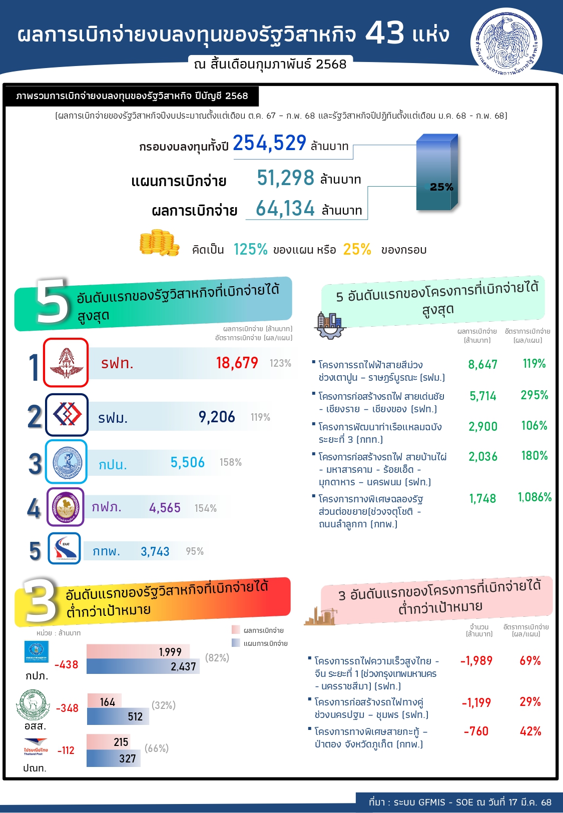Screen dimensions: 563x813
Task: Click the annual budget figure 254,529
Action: [269, 144]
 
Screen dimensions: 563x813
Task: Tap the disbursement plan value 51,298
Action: [285, 178]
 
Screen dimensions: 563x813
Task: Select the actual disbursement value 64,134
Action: [285, 209]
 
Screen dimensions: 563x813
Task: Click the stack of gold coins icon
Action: [159, 244]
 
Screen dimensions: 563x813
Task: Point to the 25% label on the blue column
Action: [441, 187]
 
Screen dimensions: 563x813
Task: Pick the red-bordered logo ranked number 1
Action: [66, 363]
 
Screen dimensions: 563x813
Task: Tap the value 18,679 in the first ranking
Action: [237, 363]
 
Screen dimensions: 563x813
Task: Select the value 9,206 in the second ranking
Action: [217, 417]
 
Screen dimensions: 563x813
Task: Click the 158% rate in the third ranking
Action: [231, 462]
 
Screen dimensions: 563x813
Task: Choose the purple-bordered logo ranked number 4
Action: [66, 507]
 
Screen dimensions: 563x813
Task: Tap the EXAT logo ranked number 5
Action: [65, 548]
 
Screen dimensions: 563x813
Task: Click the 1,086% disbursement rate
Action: [534, 497]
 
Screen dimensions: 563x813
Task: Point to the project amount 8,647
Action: [482, 365]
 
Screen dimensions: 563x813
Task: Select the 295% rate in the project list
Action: [534, 395]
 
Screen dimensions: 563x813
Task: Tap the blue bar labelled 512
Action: [118, 716]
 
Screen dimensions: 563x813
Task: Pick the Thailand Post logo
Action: [36, 748]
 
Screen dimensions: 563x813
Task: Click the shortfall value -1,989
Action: [476, 661]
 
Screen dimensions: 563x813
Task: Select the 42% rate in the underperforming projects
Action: [530, 731]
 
